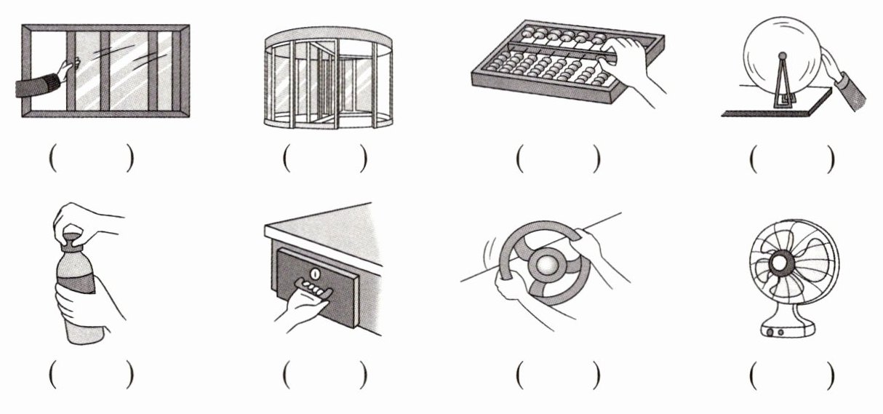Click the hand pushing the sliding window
[x=66, y=72]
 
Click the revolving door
[x=327, y=81]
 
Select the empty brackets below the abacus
[x=558, y=158]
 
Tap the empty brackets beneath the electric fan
[x=791, y=375]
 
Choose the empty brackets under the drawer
[x=324, y=375]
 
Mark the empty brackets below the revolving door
[x=324, y=158]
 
